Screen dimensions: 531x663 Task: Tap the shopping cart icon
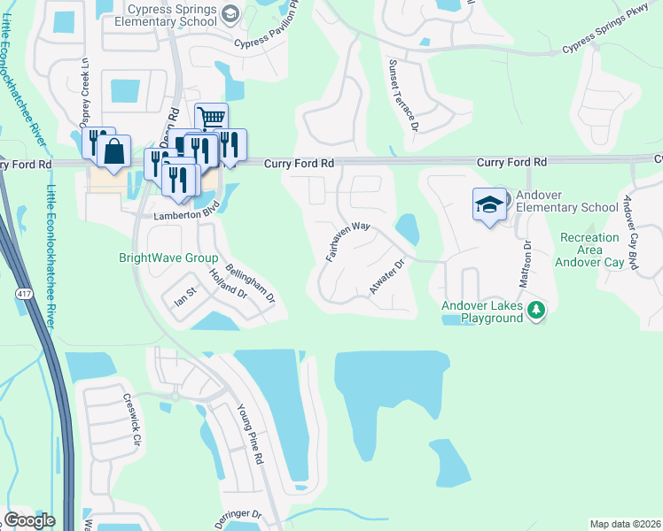[211, 118]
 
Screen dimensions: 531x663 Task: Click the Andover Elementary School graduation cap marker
[488, 204]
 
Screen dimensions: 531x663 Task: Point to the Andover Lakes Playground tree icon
[535, 310]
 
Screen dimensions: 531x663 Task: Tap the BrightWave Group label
[168, 258]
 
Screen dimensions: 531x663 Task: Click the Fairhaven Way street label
[347, 239]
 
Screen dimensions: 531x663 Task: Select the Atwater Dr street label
[386, 277]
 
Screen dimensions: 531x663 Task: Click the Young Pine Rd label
[250, 435]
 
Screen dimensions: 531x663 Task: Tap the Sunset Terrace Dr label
[402, 95]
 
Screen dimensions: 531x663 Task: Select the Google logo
[29, 520]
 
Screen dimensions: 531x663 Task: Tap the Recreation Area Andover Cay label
[589, 250]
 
